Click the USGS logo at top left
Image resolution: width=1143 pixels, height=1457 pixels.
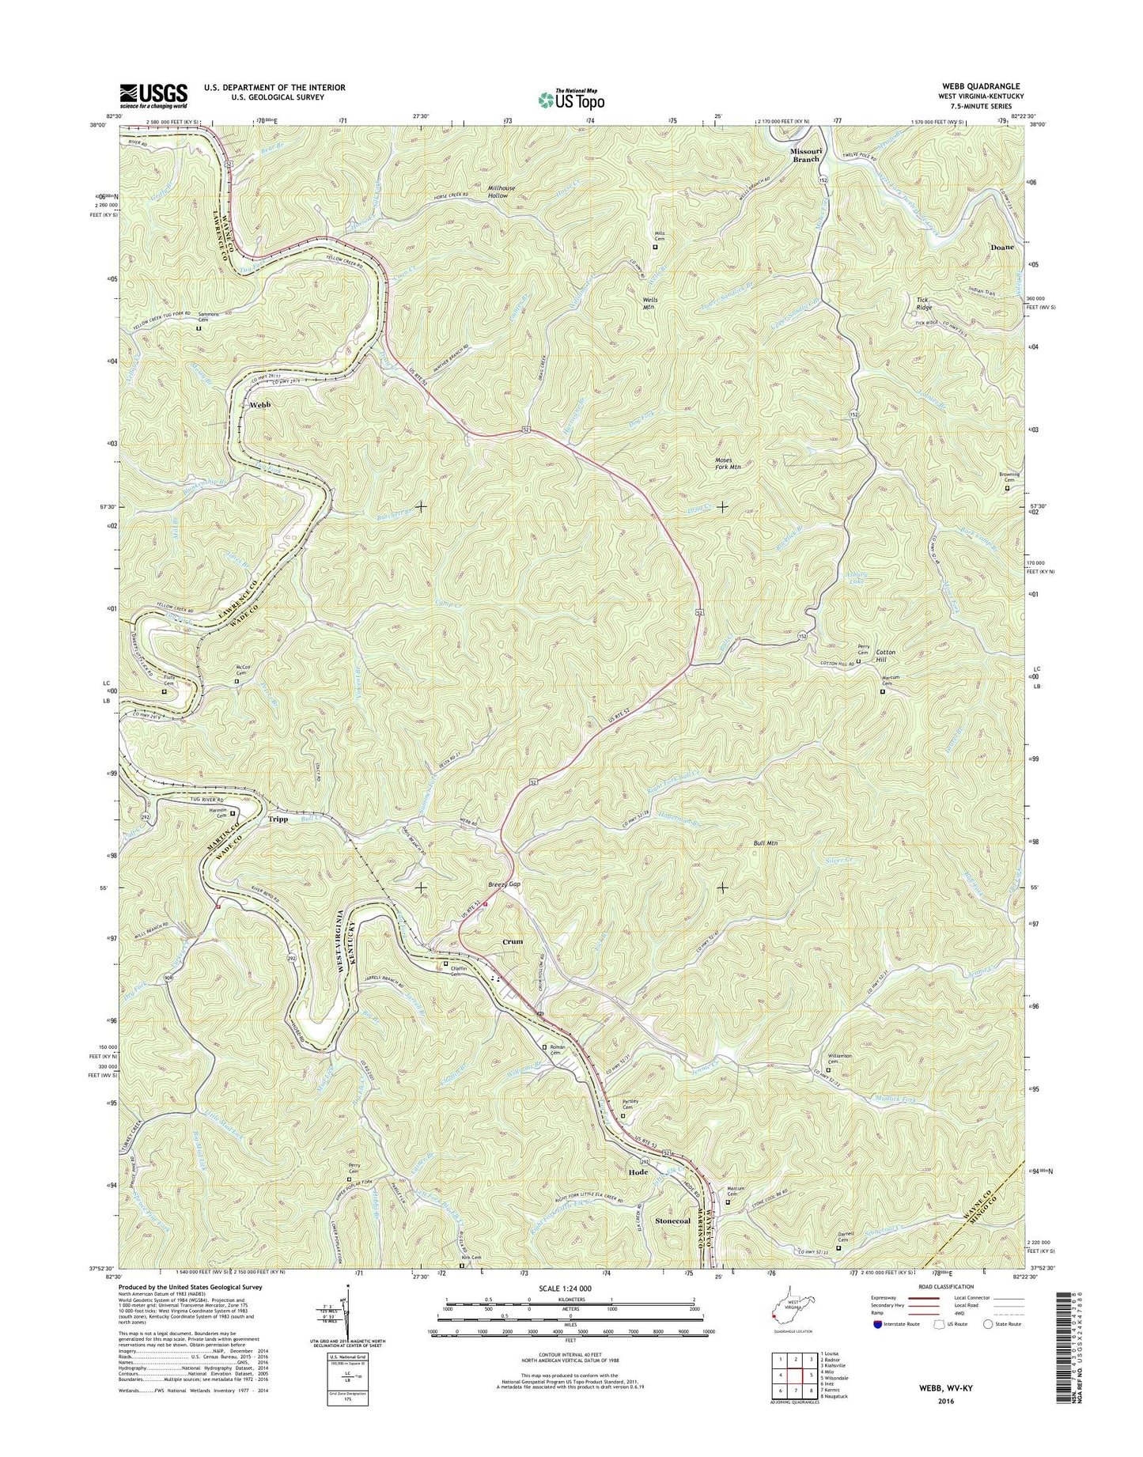(153, 95)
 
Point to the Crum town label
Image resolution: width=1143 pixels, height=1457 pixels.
(513, 942)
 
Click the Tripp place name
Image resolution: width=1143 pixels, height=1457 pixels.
(277, 819)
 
